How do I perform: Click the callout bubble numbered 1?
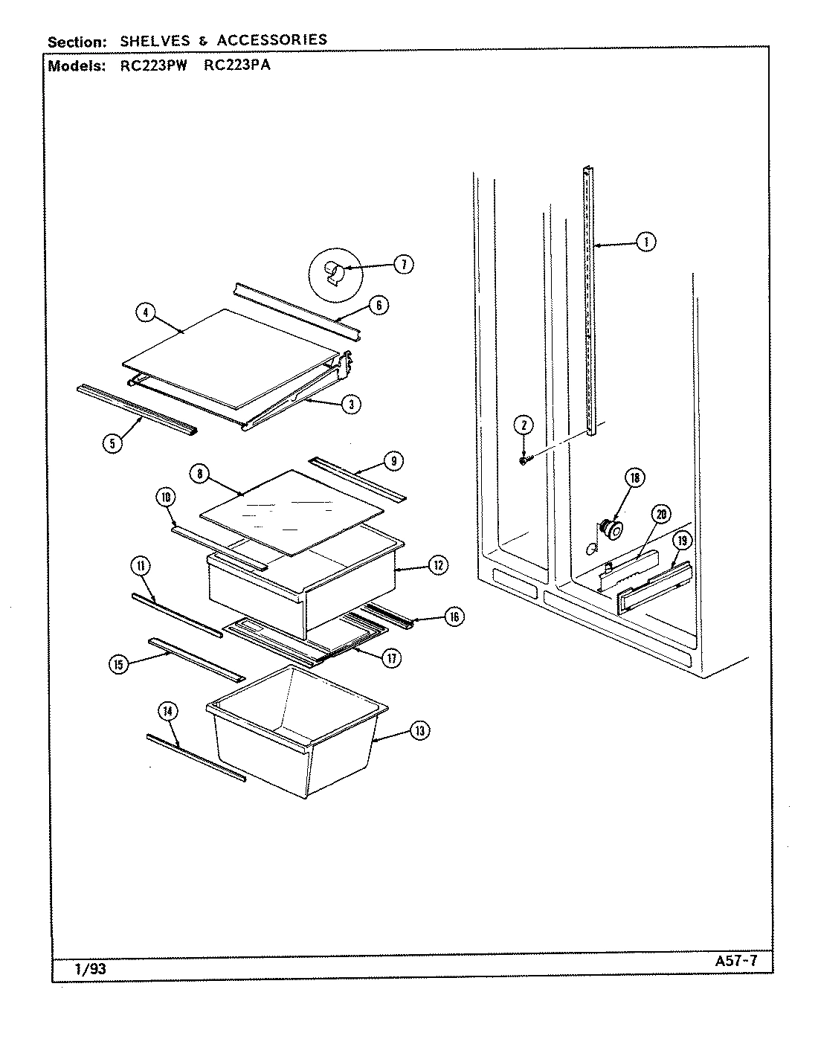coord(646,242)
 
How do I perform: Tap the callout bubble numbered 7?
coord(403,264)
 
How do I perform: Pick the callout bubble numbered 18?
coord(634,478)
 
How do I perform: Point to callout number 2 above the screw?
coord(524,425)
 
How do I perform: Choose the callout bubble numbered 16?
coord(454,616)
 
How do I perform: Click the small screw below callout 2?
coord(524,461)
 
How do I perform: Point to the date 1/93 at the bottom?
coord(90,969)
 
